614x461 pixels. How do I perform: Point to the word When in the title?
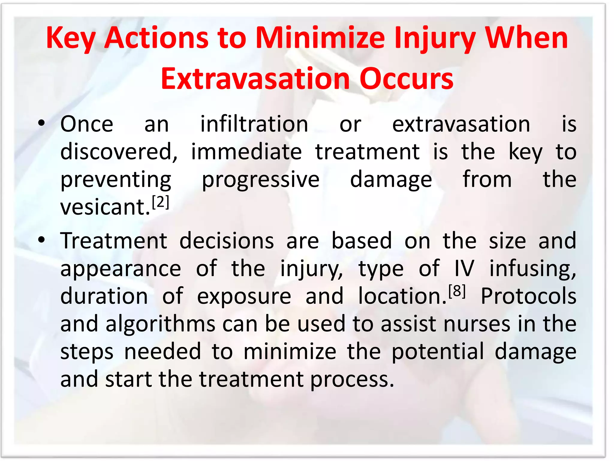point(526,38)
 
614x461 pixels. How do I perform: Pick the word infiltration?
point(254,124)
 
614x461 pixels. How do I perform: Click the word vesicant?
point(105,207)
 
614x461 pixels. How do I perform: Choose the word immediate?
point(246,152)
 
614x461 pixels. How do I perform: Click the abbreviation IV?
point(464,268)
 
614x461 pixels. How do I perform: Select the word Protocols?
point(528,296)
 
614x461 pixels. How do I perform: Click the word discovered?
point(119,152)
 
